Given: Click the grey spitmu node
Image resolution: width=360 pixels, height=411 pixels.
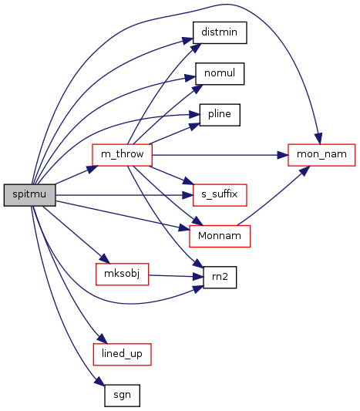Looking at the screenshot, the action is click(x=29, y=195).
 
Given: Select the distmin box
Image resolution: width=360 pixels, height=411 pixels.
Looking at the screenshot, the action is click(x=220, y=32).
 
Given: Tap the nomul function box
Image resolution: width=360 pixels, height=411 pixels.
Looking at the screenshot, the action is click(x=220, y=74).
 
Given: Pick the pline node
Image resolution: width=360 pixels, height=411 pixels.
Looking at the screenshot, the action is click(x=220, y=115).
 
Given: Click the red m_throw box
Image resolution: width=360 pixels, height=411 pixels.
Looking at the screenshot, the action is click(x=122, y=155).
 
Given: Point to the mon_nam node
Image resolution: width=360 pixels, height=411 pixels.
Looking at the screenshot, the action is click(x=321, y=155).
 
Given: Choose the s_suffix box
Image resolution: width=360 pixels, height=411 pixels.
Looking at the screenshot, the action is click(x=220, y=195).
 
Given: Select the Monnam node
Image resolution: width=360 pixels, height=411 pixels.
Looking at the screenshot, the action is click(x=220, y=236).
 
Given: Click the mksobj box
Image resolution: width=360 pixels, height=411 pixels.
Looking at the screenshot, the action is click(x=122, y=275).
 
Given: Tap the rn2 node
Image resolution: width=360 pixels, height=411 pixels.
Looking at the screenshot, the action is click(x=220, y=278).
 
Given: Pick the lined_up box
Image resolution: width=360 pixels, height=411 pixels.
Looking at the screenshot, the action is click(x=122, y=354).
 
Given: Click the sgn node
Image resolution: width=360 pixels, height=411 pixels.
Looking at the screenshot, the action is click(x=122, y=396).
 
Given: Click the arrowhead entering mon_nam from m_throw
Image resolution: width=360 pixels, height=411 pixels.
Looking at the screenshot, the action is click(x=283, y=155).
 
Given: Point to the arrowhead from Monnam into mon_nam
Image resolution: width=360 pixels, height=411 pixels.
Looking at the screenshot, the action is click(x=304, y=170).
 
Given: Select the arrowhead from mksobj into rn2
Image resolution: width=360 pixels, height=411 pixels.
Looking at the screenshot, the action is click(x=198, y=277).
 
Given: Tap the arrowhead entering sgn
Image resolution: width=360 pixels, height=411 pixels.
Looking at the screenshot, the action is click(x=99, y=381).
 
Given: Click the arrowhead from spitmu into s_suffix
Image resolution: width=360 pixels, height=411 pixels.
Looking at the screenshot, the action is click(x=188, y=195).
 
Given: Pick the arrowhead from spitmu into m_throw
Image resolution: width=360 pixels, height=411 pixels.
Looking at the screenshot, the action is click(x=93, y=169).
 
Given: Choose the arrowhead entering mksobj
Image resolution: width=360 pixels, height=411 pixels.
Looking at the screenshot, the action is click(x=104, y=259).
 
